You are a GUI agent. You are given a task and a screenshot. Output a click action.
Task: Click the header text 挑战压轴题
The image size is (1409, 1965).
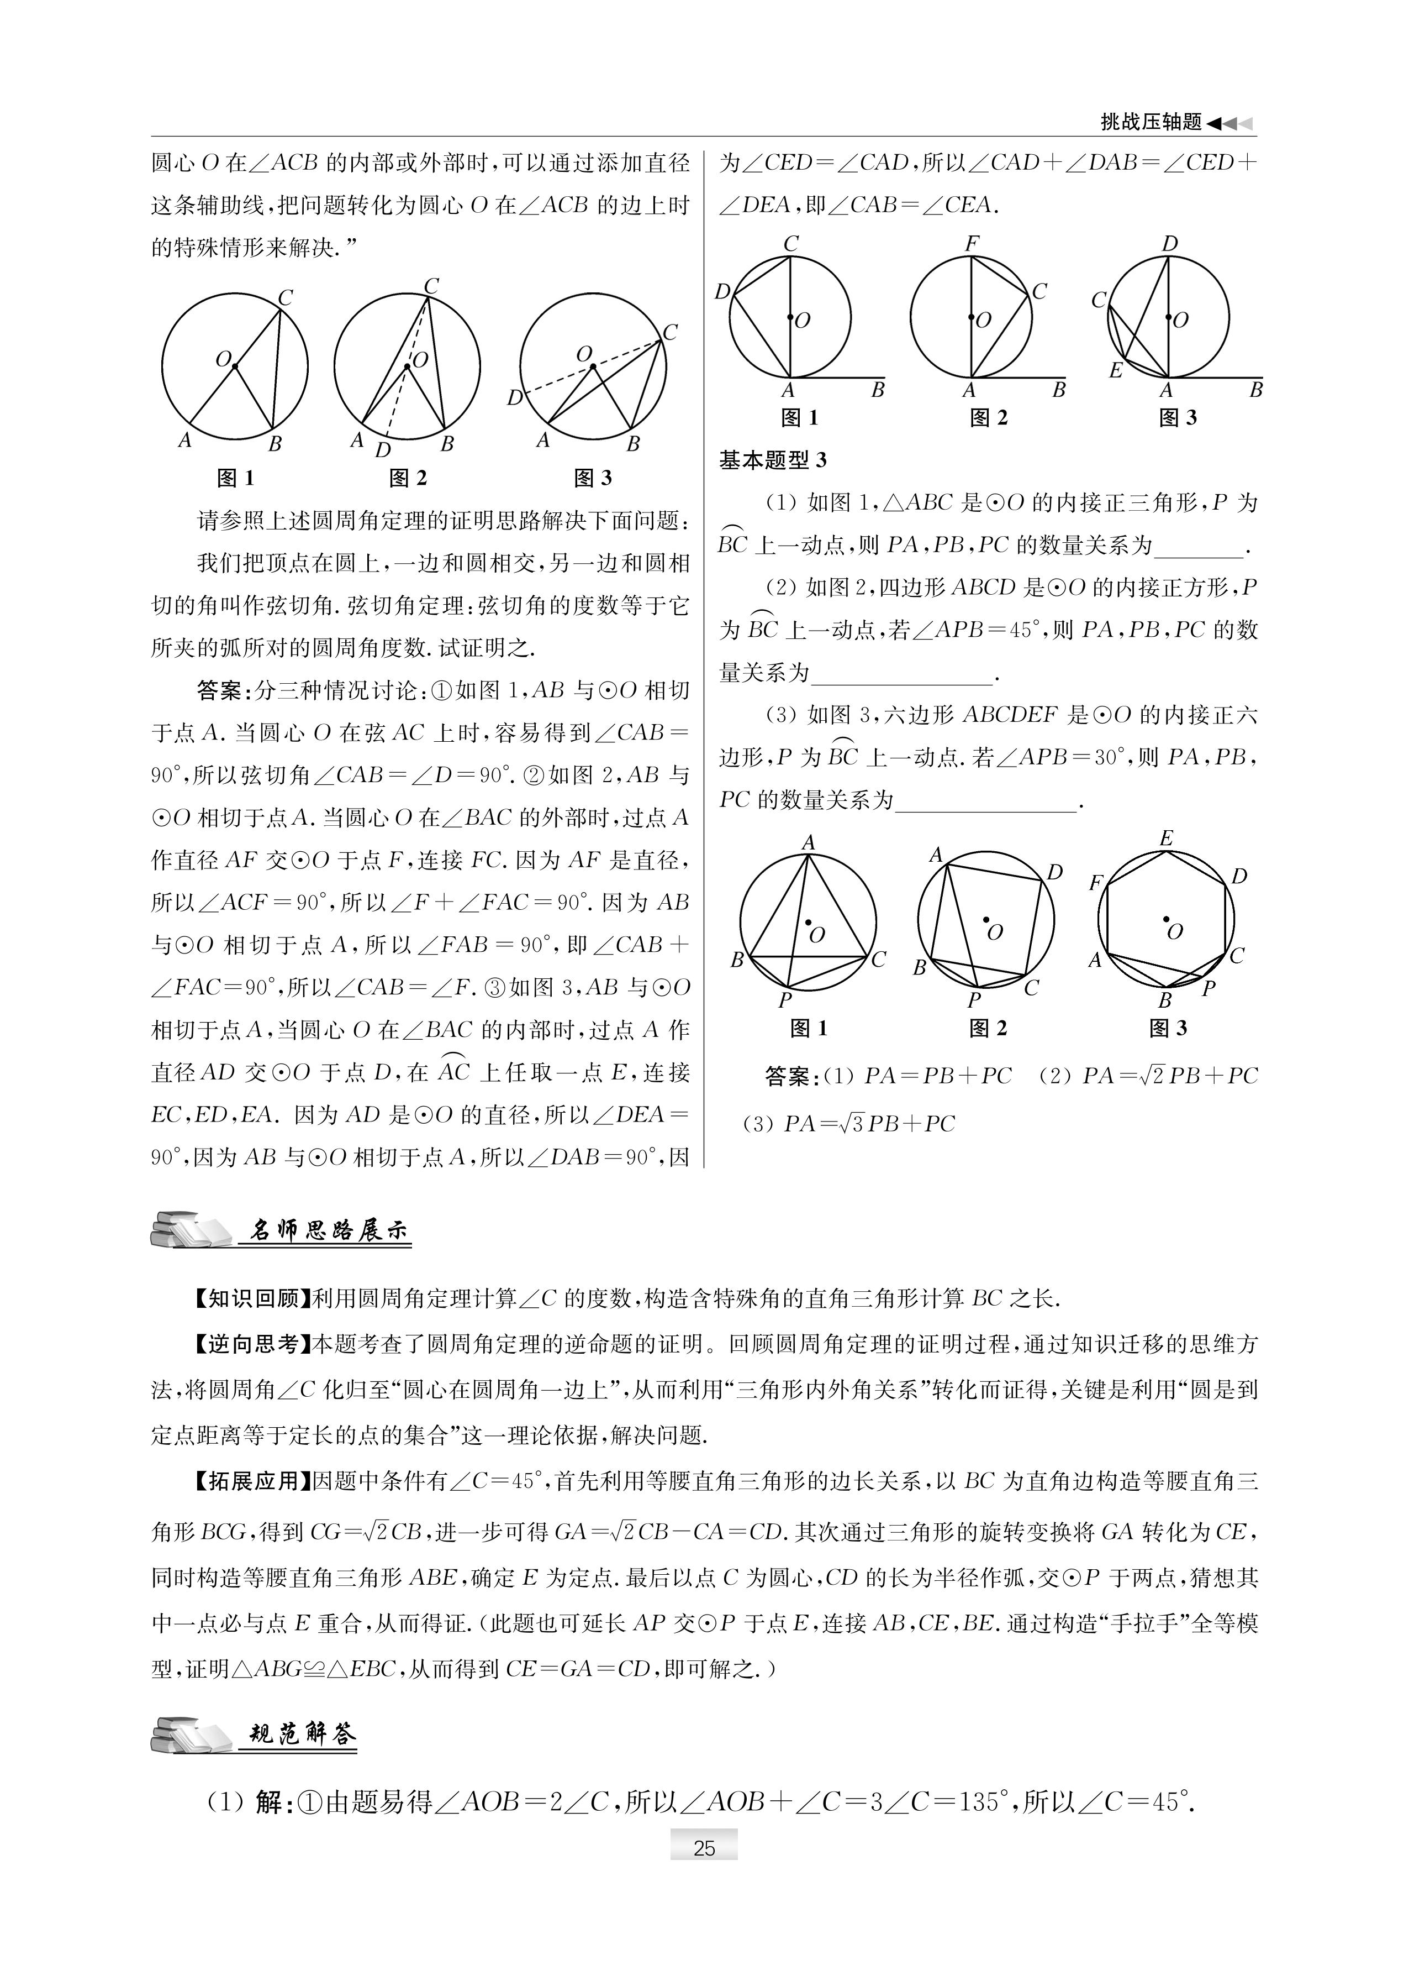(x=1151, y=122)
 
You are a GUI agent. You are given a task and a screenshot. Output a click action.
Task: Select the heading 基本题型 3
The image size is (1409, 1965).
(x=773, y=460)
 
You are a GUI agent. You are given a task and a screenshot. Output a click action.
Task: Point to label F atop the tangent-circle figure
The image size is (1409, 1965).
(x=972, y=243)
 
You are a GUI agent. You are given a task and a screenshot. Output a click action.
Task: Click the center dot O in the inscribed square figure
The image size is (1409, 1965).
(x=985, y=919)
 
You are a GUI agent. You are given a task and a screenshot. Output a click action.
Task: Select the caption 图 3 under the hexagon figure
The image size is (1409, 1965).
(x=1168, y=1029)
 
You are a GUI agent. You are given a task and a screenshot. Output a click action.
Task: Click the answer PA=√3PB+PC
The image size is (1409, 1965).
(x=869, y=1124)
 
